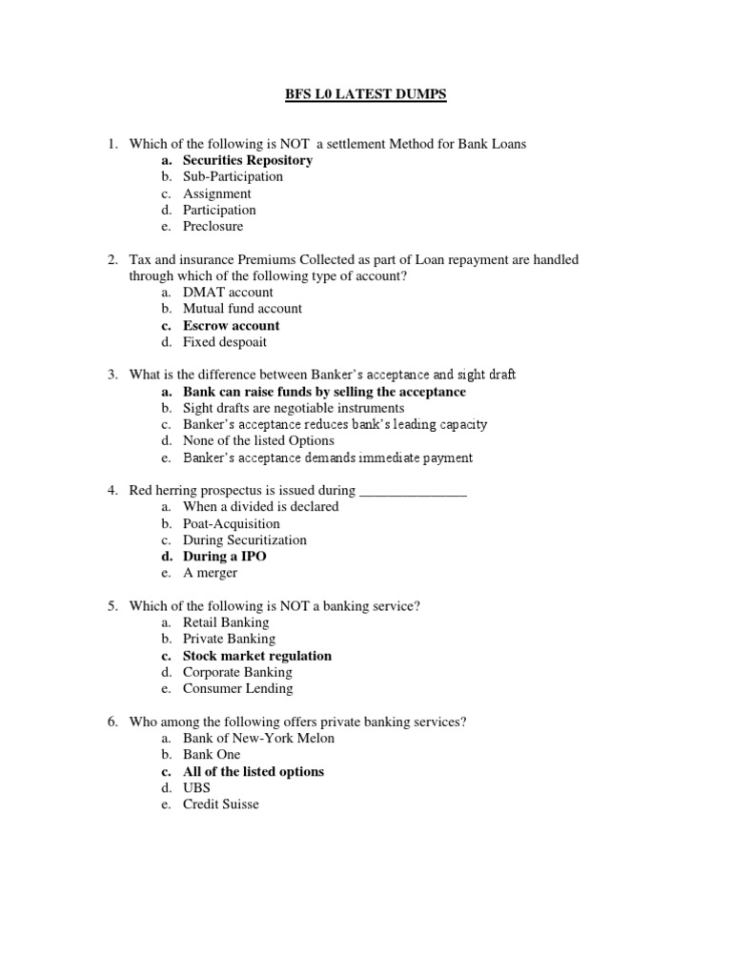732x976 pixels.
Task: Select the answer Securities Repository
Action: click(248, 160)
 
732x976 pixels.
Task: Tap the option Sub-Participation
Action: click(233, 176)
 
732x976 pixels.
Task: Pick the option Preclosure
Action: click(213, 226)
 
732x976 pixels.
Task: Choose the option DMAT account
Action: click(228, 292)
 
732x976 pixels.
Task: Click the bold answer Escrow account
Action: click(232, 325)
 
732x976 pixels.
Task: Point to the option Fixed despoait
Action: click(225, 341)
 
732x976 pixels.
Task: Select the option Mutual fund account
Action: click(242, 309)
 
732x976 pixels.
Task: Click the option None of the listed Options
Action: click(258, 440)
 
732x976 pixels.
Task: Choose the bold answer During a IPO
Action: click(225, 557)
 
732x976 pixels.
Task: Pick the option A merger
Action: click(211, 573)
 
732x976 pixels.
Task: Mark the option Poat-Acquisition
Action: click(232, 523)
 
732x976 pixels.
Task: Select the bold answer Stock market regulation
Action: click(257, 656)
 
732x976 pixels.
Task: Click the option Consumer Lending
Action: click(238, 688)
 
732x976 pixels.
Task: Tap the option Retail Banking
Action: click(226, 622)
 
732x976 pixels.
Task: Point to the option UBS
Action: click(197, 788)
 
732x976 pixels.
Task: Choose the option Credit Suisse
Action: click(221, 804)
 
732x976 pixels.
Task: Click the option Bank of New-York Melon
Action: click(258, 738)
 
